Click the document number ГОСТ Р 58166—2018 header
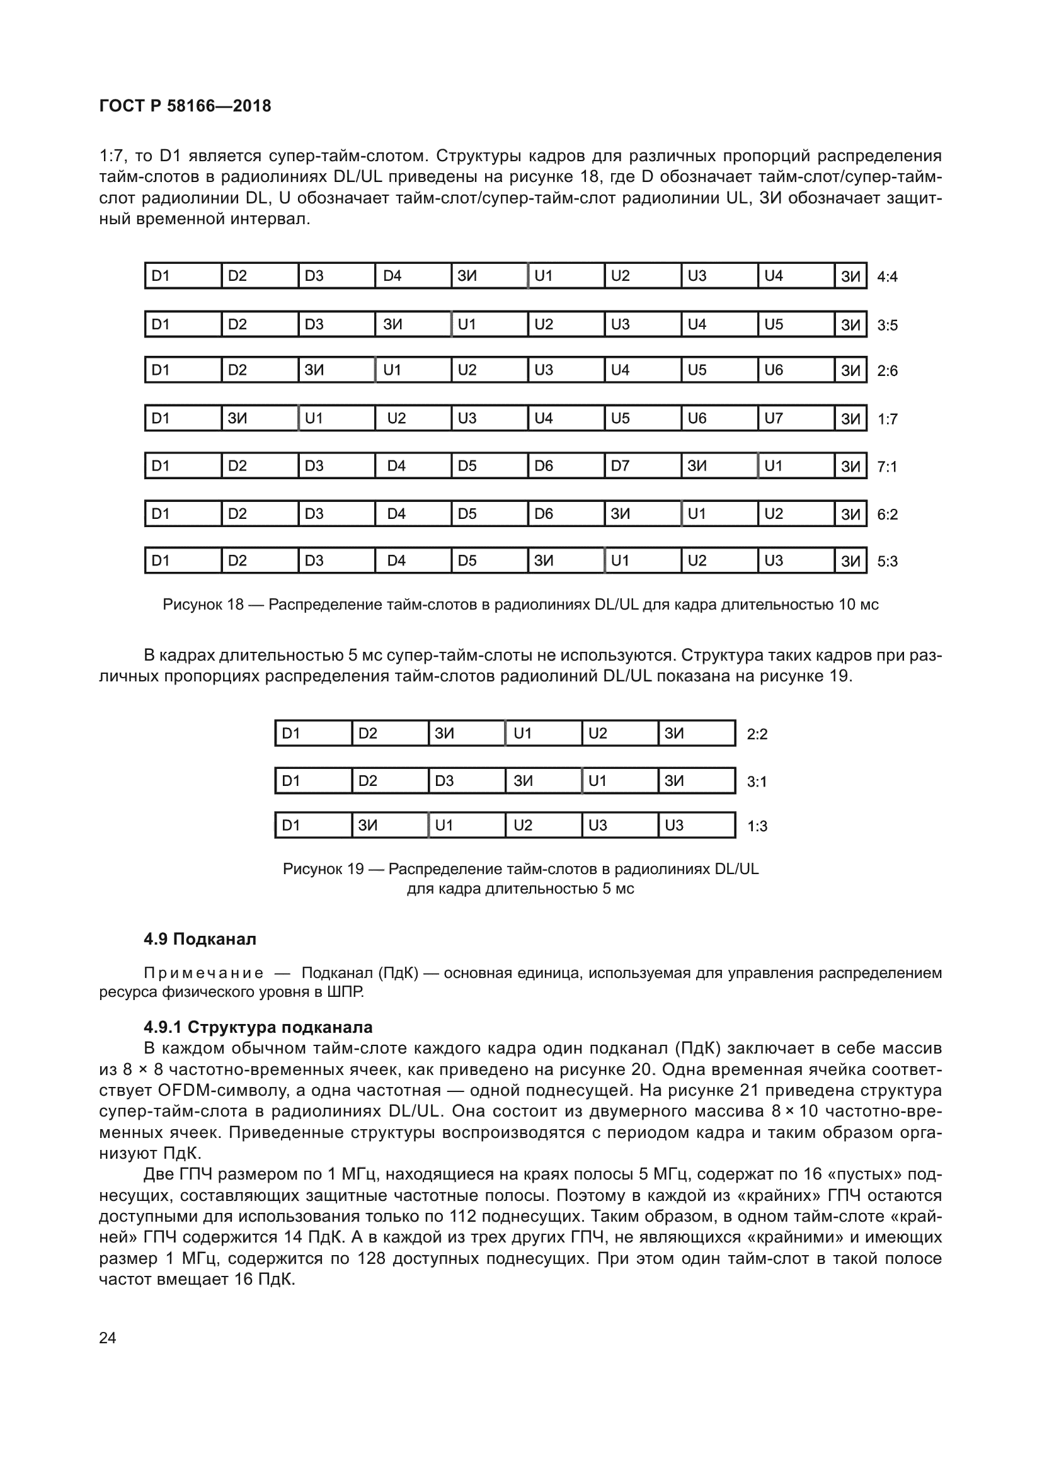click(185, 106)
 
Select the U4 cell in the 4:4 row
click(796, 276)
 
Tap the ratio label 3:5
click(888, 325)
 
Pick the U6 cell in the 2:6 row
click(796, 370)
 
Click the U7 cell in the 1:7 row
click(796, 418)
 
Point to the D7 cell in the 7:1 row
click(641, 466)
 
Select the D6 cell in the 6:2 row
click(565, 514)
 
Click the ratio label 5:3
click(888, 562)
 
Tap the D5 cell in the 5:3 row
click(489, 560)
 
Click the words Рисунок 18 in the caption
click(203, 605)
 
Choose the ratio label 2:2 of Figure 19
click(757, 734)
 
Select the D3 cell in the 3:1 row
click(466, 781)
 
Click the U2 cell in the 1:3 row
click(543, 825)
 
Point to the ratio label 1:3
click(757, 826)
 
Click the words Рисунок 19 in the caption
click(323, 868)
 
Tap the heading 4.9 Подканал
click(200, 939)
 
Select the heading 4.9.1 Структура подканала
click(258, 1027)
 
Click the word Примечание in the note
click(203, 973)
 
